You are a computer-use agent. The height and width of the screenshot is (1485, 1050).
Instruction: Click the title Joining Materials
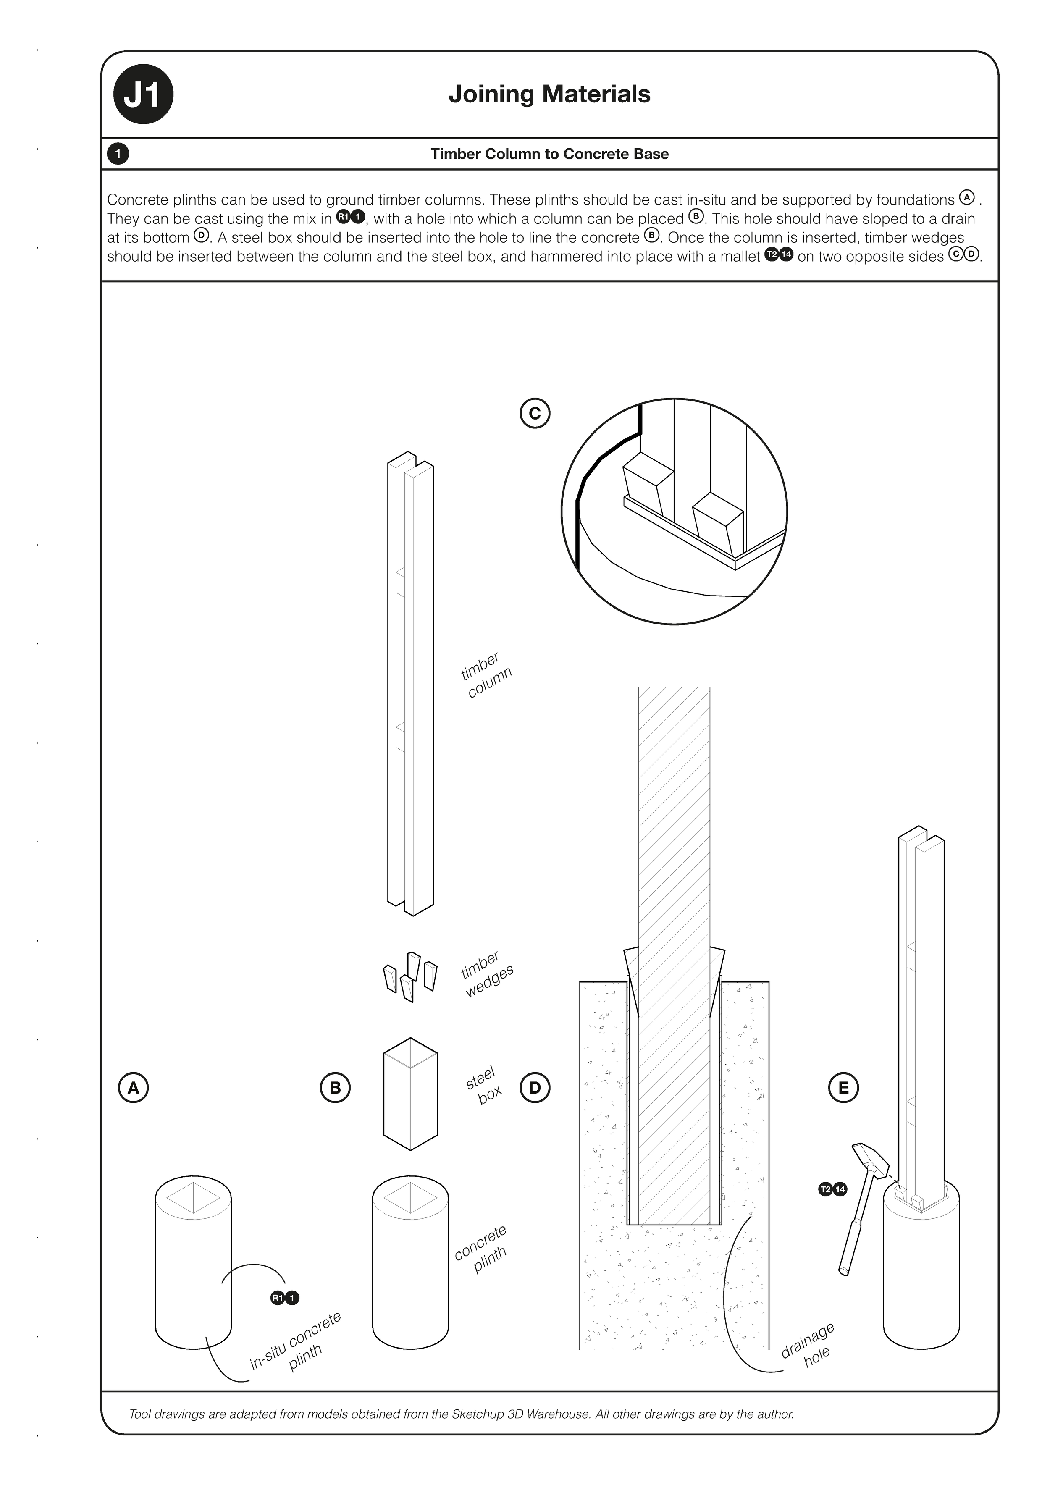click(x=549, y=94)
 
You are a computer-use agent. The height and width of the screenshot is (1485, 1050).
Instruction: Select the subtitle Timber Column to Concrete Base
click(x=549, y=154)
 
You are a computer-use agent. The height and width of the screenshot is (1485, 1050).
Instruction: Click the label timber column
click(x=485, y=676)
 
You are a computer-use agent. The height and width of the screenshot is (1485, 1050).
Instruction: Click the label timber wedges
click(x=486, y=975)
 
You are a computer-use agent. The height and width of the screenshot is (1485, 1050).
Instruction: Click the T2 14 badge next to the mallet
click(x=832, y=1189)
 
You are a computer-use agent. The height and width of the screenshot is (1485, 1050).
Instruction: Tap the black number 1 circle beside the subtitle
click(x=118, y=154)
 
